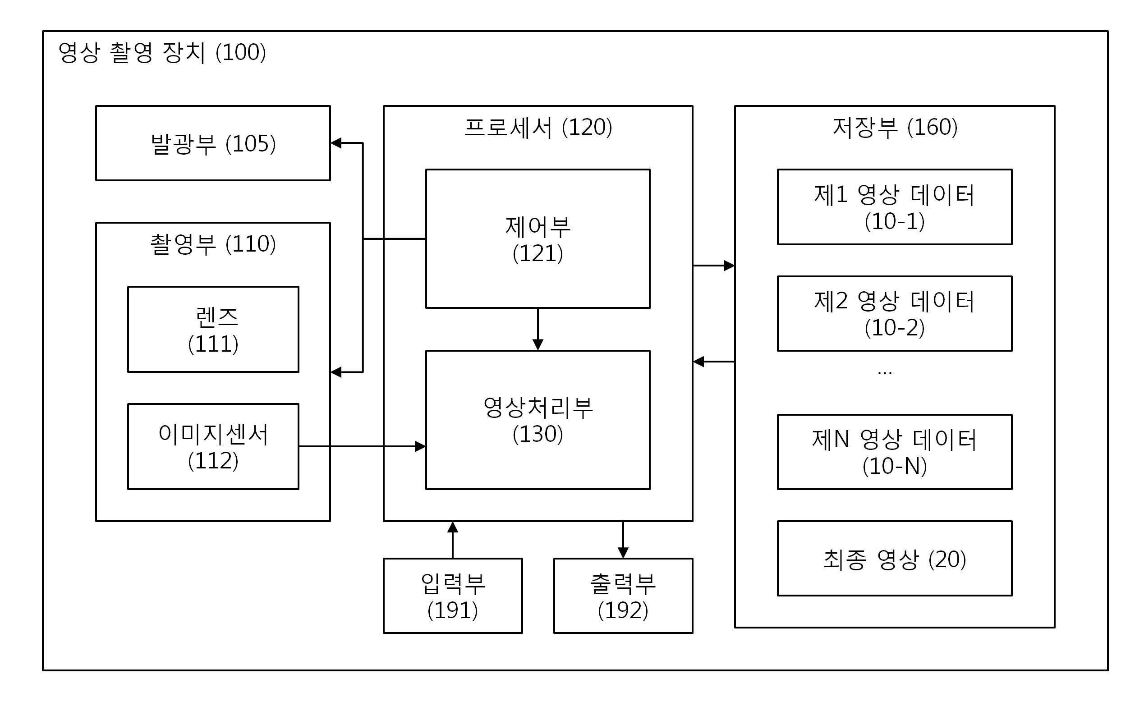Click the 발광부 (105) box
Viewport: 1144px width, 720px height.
coord(213,143)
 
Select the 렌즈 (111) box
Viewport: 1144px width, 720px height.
coord(213,329)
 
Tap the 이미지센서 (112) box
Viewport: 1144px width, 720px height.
coord(213,446)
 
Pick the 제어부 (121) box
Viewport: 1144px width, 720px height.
coord(538,238)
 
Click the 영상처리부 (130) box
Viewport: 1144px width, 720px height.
coord(538,420)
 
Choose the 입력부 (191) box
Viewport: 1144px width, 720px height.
coord(453,596)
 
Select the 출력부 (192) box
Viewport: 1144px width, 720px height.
coord(623,596)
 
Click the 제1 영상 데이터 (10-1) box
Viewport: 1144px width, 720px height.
coord(895,207)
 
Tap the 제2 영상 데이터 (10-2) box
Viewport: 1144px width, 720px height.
coord(895,313)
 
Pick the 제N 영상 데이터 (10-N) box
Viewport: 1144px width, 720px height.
coord(895,452)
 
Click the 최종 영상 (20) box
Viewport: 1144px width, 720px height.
coord(895,559)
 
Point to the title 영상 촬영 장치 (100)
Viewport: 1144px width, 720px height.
coord(162,52)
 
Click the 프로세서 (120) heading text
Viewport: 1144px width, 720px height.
coord(538,127)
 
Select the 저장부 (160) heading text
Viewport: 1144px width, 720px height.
coord(895,127)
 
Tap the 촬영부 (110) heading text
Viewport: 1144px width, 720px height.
coord(213,244)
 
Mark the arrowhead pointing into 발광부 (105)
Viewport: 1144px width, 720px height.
coord(336,143)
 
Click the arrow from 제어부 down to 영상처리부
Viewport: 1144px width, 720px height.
coord(538,330)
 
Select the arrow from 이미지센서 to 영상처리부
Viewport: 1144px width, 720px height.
coord(363,446)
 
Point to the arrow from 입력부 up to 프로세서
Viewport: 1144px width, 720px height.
coord(453,540)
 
